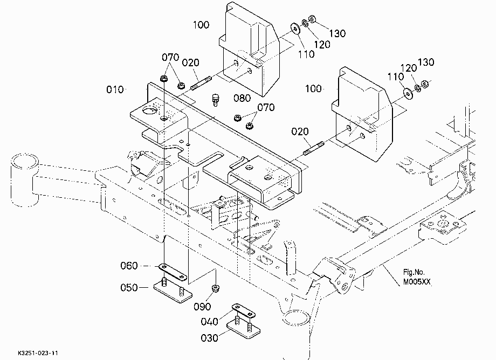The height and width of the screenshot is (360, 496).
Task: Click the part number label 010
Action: click(115, 89)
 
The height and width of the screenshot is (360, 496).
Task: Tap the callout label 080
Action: click(242, 98)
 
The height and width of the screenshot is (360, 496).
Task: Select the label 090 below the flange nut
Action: click(202, 306)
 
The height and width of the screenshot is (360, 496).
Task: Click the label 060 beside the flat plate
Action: click(129, 266)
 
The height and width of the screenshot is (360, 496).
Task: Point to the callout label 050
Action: click(129, 288)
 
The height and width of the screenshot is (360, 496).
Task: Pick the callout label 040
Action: click(209, 322)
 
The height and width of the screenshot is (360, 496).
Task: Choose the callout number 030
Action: click(209, 338)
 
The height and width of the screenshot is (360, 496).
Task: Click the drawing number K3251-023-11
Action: click(38, 353)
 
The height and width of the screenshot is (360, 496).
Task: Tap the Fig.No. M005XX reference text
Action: click(417, 277)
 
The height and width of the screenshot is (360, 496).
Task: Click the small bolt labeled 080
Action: click(216, 100)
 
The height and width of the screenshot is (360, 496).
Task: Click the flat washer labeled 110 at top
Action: click(295, 29)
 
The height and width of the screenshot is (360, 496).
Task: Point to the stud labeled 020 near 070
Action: click(201, 83)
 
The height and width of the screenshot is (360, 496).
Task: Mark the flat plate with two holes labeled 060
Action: click(173, 272)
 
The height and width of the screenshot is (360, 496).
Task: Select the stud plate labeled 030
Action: click(244, 329)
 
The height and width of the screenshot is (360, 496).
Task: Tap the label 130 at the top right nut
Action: click(337, 33)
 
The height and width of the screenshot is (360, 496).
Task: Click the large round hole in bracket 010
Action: click(150, 110)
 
